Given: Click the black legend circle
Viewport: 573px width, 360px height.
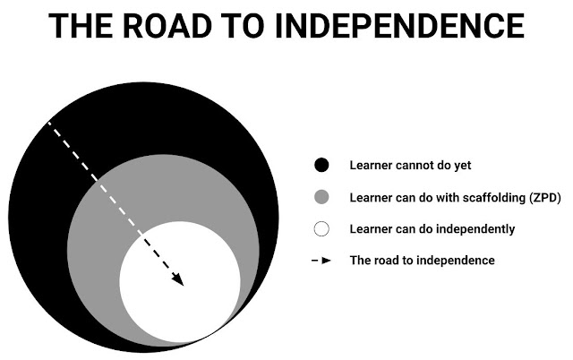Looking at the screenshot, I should [x=322, y=165].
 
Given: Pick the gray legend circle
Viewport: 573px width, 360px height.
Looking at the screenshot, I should [x=322, y=197].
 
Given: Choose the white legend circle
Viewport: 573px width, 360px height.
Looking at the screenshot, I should [x=322, y=228].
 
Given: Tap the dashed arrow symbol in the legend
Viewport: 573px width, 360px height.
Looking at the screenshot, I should [x=321, y=261].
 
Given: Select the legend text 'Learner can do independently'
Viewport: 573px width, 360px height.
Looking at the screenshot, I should [x=432, y=228].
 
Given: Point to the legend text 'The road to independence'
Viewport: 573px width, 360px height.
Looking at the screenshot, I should [x=422, y=261].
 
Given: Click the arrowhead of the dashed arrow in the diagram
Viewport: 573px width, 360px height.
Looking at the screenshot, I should [x=179, y=280].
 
